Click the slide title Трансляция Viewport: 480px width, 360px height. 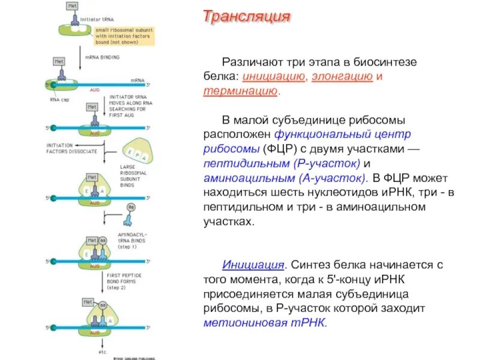247,16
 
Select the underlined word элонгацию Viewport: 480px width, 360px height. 342,77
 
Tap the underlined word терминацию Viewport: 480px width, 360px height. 240,92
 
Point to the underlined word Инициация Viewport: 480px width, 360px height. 253,265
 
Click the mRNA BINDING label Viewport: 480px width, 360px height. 106,58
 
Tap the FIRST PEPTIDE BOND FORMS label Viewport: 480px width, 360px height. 124,280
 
